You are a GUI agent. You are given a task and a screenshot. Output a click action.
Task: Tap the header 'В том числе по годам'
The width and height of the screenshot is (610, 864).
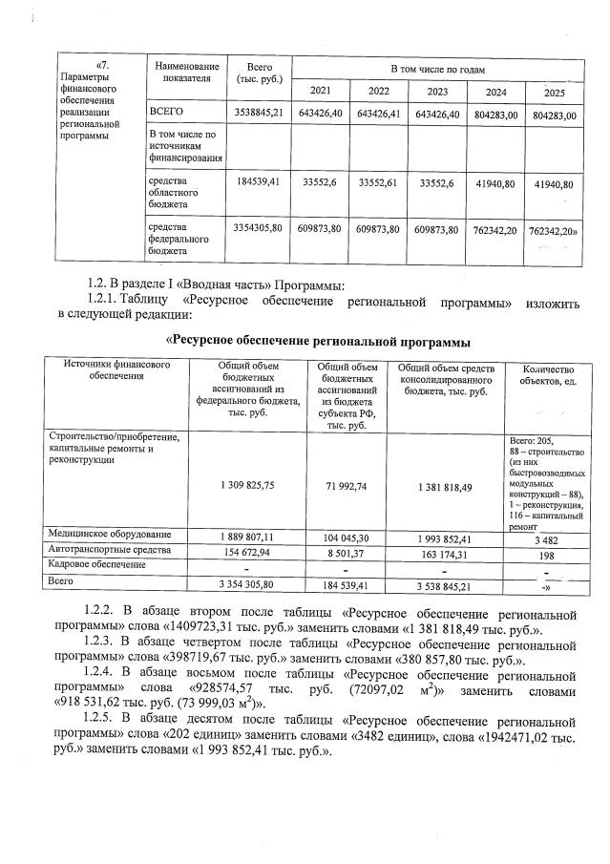click(437, 71)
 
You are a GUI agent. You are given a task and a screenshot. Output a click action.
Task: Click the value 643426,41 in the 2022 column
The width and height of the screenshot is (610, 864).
click(378, 115)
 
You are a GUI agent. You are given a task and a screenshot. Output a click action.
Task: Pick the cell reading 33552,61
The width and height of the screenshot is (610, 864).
click(378, 183)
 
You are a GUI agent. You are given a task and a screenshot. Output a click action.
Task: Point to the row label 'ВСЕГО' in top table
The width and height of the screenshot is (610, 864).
click(165, 114)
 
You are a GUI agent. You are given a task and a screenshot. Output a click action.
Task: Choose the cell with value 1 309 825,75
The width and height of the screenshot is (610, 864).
click(246, 486)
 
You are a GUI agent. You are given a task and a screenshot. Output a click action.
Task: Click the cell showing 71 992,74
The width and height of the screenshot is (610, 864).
click(347, 486)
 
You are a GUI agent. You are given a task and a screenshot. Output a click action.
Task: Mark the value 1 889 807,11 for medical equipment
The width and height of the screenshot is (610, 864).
click(246, 537)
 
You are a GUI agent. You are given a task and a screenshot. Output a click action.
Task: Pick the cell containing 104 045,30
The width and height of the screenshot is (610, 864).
click(347, 537)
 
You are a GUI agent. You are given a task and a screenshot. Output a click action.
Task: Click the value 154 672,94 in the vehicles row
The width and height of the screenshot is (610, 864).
click(246, 552)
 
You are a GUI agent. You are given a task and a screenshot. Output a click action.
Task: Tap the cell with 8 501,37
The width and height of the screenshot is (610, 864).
click(347, 552)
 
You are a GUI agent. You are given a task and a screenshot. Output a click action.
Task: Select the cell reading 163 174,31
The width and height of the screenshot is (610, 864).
click(444, 552)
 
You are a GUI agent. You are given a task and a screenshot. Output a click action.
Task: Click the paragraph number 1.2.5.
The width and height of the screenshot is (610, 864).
click(103, 716)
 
